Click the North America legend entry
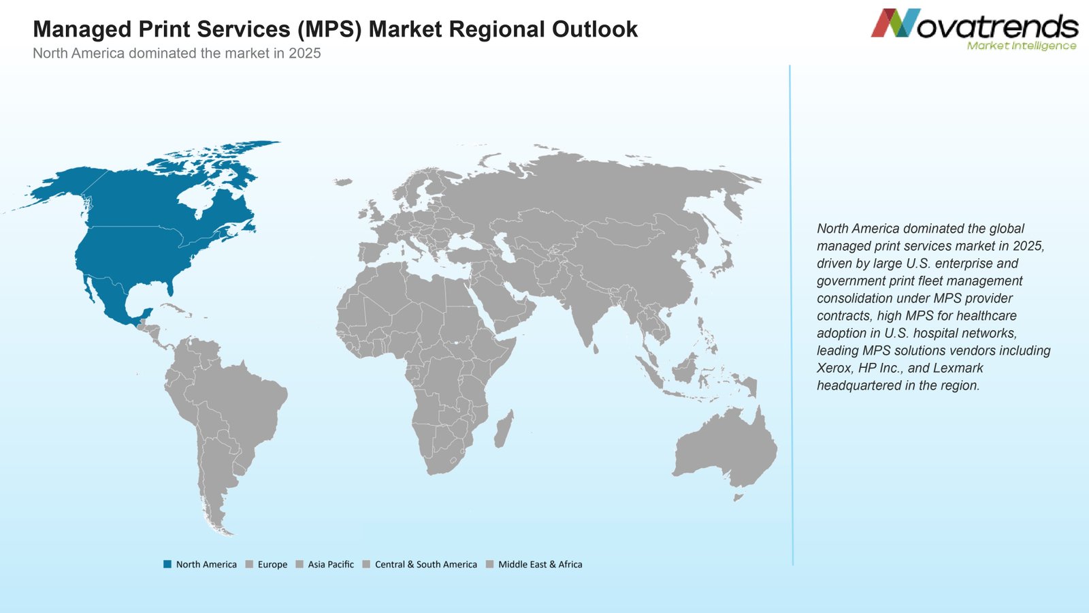click(200, 565)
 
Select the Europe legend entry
click(266, 565)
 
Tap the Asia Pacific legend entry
click(325, 565)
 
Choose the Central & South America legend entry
click(420, 565)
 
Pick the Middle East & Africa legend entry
click(534, 565)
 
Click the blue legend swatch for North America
click(167, 565)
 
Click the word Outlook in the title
click(595, 29)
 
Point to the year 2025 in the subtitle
click(305, 53)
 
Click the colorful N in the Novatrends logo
click(896, 23)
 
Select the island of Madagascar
click(504, 429)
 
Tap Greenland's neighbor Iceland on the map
click(343, 182)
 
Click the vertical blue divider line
click(791, 315)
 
